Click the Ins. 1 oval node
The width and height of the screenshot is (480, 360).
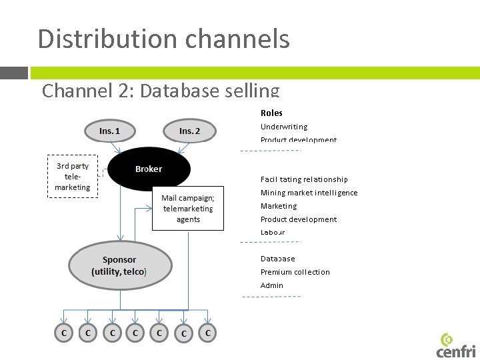(x=109, y=131)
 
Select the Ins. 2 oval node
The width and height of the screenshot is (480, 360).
(x=189, y=131)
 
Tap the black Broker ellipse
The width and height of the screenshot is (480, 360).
(x=148, y=169)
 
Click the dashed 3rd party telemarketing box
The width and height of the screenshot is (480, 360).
(x=73, y=177)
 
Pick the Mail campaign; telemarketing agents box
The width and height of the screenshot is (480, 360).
(x=188, y=209)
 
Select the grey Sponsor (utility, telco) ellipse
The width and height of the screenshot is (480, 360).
(x=120, y=265)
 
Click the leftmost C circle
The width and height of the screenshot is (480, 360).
(x=63, y=332)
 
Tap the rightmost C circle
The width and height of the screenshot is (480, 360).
(x=208, y=332)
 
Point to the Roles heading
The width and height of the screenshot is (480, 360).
(x=271, y=113)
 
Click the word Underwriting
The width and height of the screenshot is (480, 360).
(x=284, y=127)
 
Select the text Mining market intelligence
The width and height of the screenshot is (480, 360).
(x=309, y=193)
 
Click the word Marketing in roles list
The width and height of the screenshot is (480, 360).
(x=279, y=206)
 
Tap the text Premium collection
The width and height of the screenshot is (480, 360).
(x=295, y=272)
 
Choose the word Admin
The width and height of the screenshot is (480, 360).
(x=272, y=285)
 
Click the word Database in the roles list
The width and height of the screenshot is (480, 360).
(x=277, y=259)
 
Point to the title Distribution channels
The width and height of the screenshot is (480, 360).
(x=164, y=39)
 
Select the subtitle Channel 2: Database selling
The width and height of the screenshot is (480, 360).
(x=161, y=90)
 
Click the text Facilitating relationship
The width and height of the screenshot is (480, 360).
(x=304, y=179)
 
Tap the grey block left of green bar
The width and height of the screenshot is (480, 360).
(x=14, y=73)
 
